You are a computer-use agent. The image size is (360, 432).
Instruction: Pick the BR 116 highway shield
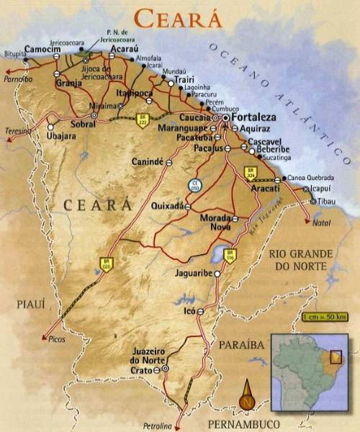[230, 254]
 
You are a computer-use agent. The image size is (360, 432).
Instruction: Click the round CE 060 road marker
[195, 185]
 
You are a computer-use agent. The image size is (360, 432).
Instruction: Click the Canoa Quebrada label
[310, 178]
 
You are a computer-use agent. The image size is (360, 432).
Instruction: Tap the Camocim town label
[42, 49]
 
